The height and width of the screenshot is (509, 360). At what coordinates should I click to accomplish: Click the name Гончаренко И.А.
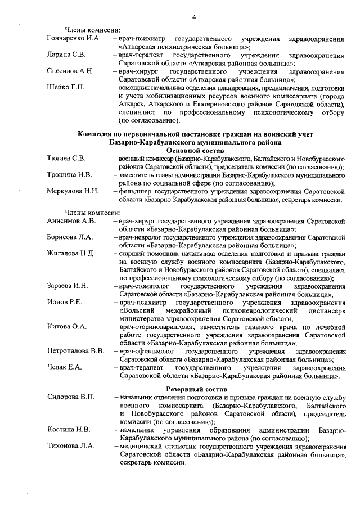coord(74,39)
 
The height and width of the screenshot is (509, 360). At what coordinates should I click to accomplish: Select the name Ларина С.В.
coord(66,55)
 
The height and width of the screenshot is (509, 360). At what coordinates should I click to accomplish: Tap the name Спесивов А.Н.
coord(70,71)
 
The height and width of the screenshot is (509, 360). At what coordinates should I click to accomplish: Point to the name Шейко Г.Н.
coord(65,88)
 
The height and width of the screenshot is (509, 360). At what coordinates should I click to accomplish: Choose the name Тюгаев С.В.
coord(66,159)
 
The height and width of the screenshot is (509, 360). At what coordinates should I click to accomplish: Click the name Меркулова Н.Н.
coord(73,192)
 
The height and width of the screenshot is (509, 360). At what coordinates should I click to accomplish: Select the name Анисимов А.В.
coord(71,221)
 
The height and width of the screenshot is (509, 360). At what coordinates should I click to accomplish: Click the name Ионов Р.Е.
coord(64,303)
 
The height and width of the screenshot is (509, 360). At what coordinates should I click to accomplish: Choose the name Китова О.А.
coord(66,327)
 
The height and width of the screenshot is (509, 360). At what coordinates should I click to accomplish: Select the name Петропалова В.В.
coord(75,352)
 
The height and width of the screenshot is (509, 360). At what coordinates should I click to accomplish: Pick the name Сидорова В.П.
coord(71,398)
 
